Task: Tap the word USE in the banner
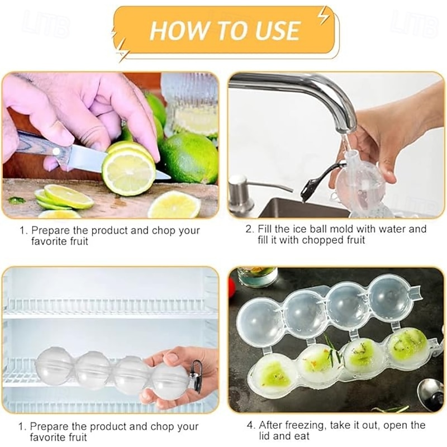277,30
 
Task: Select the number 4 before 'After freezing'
250,425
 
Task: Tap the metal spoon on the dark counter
431,393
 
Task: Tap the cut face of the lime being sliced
129,173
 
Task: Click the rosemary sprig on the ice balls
332,350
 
